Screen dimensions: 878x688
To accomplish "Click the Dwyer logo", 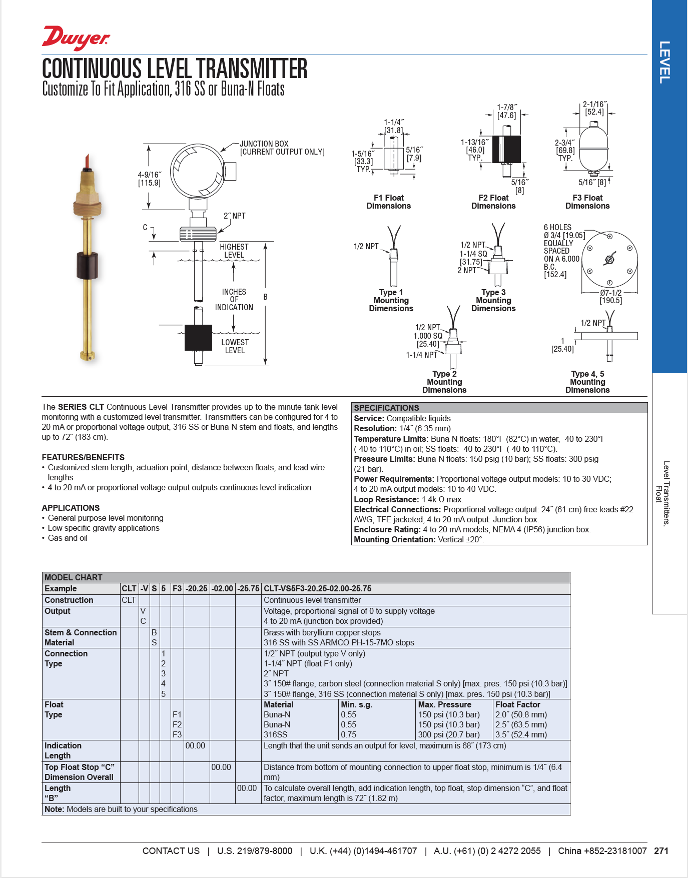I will point(76,38).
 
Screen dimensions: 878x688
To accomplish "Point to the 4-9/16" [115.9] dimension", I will point(150,179).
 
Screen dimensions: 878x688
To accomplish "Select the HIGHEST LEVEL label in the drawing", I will point(234,251).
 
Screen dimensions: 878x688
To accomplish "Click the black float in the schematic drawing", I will point(198,337).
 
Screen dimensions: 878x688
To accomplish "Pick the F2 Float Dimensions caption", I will point(493,202).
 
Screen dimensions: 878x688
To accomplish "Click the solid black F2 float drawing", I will point(506,149).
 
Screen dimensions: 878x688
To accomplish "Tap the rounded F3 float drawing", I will point(593,148).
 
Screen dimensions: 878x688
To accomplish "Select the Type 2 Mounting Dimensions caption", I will point(444,382).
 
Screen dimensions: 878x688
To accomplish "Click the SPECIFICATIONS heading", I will point(386,408).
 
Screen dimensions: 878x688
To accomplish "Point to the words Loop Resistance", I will point(386,499).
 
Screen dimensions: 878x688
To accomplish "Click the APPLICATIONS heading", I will point(71,508).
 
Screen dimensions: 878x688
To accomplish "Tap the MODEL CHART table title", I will point(73,577).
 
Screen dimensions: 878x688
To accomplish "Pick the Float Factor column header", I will point(517,704).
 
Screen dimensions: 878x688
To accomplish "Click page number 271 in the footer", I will point(661,850).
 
